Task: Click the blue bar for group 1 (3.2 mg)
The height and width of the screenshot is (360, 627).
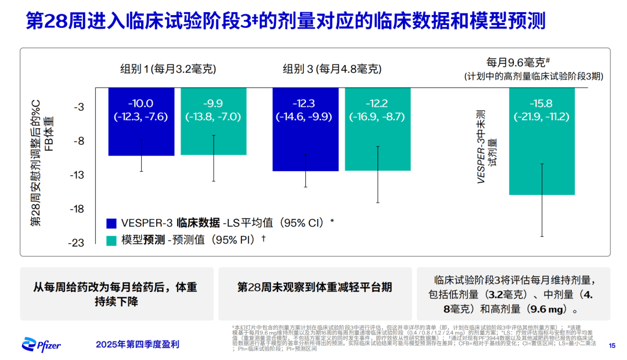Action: tap(142, 139)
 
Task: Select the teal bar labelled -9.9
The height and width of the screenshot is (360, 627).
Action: tap(213, 139)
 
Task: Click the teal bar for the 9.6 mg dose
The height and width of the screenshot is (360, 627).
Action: tap(542, 157)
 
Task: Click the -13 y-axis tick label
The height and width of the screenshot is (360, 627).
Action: tap(77, 175)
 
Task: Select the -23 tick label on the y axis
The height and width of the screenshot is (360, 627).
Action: tap(77, 243)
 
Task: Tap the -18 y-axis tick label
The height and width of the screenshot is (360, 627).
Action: tap(77, 209)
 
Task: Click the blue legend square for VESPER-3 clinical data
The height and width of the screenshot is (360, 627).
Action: tap(111, 222)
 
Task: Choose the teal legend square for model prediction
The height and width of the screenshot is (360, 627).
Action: tap(111, 239)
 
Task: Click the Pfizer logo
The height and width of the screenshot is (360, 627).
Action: tap(41, 344)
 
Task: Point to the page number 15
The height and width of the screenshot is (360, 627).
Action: tap(611, 345)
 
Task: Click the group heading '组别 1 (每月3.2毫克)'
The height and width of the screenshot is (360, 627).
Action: tap(168, 69)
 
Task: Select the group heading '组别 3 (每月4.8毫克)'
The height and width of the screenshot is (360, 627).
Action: tap(332, 69)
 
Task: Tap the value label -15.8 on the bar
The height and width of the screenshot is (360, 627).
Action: tap(542, 104)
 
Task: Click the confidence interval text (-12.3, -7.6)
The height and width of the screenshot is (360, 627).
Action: tap(142, 117)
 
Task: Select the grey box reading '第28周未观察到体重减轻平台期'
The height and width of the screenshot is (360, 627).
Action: tap(315, 287)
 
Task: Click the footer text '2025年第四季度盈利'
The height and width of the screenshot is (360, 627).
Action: tap(138, 344)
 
